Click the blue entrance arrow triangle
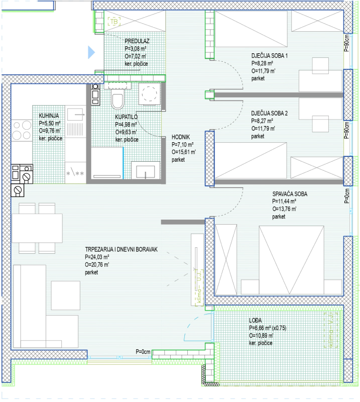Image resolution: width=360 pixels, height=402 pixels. pos(91,52)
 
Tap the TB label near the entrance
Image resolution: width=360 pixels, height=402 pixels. pos(114,22)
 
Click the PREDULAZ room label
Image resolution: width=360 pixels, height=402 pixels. pos(137,41)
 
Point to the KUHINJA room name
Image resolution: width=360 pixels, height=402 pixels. pos(49,116)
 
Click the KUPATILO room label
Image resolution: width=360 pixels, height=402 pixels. pos(127,117)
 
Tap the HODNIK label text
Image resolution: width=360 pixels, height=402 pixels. pos(181,137)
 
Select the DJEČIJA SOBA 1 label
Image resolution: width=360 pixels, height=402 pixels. pos(269,56)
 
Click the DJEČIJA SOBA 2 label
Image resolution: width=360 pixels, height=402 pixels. pos(269,114)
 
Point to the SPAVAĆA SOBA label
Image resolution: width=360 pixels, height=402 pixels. pos(290,194)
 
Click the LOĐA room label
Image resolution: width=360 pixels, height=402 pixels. pos(255,321)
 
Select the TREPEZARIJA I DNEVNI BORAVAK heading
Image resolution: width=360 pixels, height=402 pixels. pos(121,249)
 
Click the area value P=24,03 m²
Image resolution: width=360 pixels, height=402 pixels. pos(97,257)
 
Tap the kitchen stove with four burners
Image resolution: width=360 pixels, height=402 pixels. pos(22,131)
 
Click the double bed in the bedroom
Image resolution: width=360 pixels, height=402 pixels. pos(291,260)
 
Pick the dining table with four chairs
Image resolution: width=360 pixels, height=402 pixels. pos(37,228)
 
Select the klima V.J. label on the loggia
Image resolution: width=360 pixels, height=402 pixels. pos(331,330)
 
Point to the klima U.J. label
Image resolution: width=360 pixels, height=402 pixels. pos(199,286)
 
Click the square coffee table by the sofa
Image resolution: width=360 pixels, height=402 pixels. pos(66,295)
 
